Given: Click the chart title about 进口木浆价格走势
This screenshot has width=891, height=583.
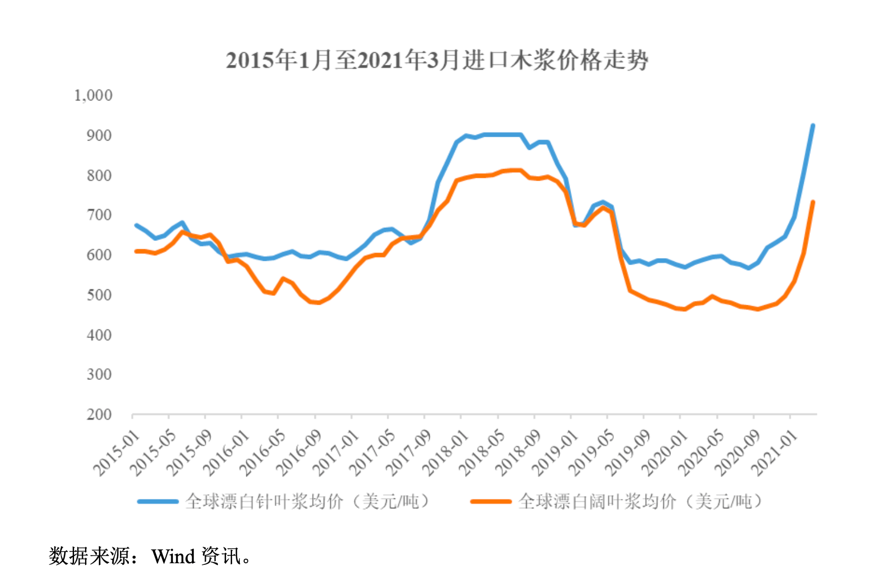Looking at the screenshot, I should (437, 60).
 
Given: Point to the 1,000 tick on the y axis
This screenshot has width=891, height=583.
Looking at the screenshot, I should (93, 96).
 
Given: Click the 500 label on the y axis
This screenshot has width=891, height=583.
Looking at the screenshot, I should (99, 295).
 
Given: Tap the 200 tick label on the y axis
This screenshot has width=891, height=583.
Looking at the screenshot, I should (99, 415).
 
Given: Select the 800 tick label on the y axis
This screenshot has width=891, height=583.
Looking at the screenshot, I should (99, 176).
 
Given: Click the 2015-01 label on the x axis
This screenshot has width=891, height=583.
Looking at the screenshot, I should (117, 453).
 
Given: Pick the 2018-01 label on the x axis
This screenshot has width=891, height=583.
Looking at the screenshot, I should (446, 453).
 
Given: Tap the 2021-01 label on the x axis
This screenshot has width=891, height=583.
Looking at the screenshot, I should (774, 453).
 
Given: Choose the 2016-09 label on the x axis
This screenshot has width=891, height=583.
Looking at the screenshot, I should (299, 453).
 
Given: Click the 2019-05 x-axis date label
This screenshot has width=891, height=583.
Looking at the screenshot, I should (591, 453).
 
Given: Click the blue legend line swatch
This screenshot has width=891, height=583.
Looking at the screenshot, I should (157, 501).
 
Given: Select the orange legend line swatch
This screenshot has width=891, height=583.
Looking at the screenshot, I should (490, 501).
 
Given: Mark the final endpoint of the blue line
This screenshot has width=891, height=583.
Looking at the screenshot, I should (813, 126).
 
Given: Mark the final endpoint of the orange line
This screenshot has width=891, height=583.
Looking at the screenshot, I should (813, 203).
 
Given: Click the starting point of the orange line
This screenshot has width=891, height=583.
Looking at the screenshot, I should (136, 251).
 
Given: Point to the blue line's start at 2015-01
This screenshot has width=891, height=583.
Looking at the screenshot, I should (136, 225).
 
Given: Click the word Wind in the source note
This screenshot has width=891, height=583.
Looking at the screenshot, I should (173, 557).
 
